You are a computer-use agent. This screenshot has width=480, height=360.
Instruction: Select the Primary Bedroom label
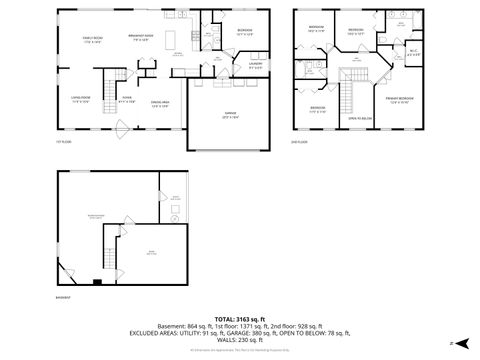pyautogui.click(x=399, y=100)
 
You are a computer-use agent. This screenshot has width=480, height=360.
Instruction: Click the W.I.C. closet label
pyautogui.click(x=413, y=52)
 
